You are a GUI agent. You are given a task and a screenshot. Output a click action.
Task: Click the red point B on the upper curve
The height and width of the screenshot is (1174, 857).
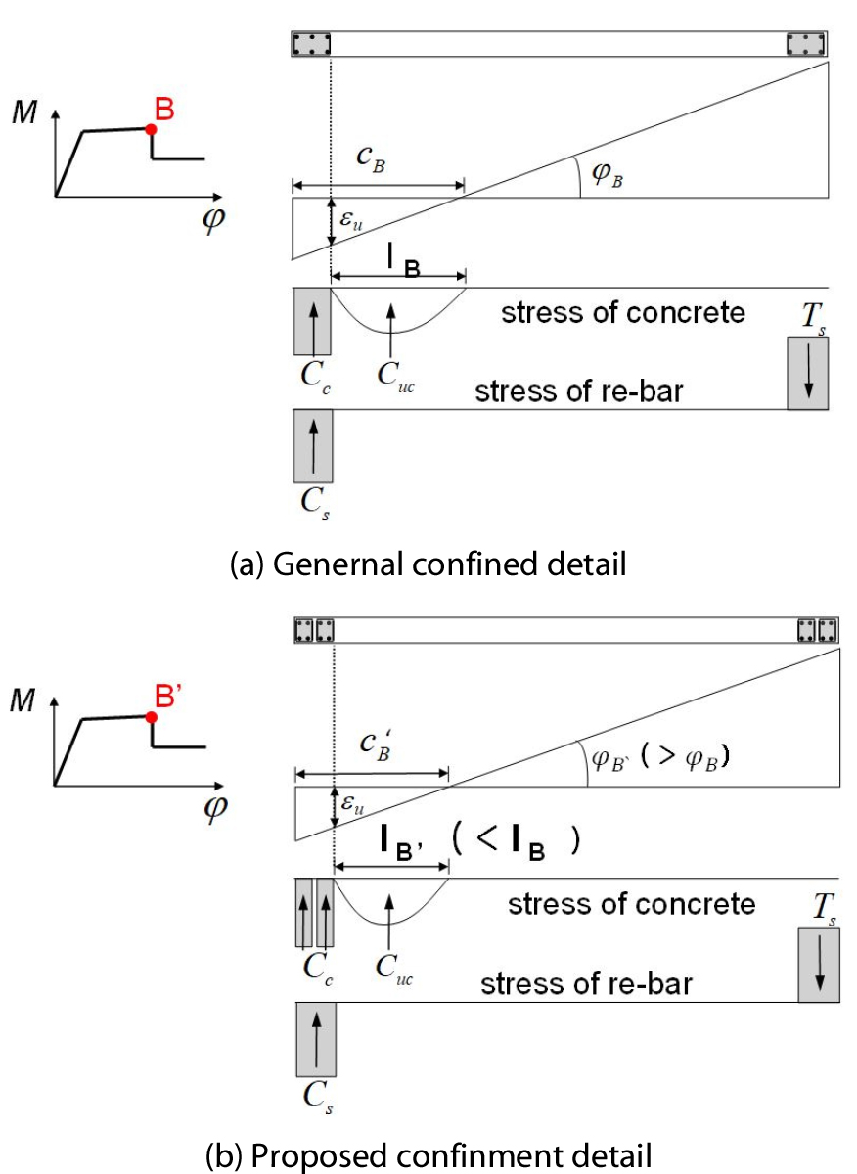[150, 128]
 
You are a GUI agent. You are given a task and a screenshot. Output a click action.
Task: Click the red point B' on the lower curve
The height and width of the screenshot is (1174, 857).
[151, 717]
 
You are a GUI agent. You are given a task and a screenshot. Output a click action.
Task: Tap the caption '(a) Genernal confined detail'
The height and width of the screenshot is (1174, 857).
[427, 564]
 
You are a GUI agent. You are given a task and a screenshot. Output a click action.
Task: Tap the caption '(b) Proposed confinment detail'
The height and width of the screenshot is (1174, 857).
[428, 1153]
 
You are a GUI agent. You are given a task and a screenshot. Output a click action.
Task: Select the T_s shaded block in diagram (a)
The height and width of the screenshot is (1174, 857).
[808, 372]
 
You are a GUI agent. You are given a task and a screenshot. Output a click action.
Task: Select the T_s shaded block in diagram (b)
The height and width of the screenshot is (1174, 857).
[819, 965]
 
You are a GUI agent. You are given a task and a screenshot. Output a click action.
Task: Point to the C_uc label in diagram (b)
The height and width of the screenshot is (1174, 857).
[392, 965]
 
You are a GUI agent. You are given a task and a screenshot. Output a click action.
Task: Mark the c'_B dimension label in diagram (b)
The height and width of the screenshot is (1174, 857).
[372, 749]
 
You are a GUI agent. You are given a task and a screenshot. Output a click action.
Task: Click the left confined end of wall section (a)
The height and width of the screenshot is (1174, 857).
[311, 44]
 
